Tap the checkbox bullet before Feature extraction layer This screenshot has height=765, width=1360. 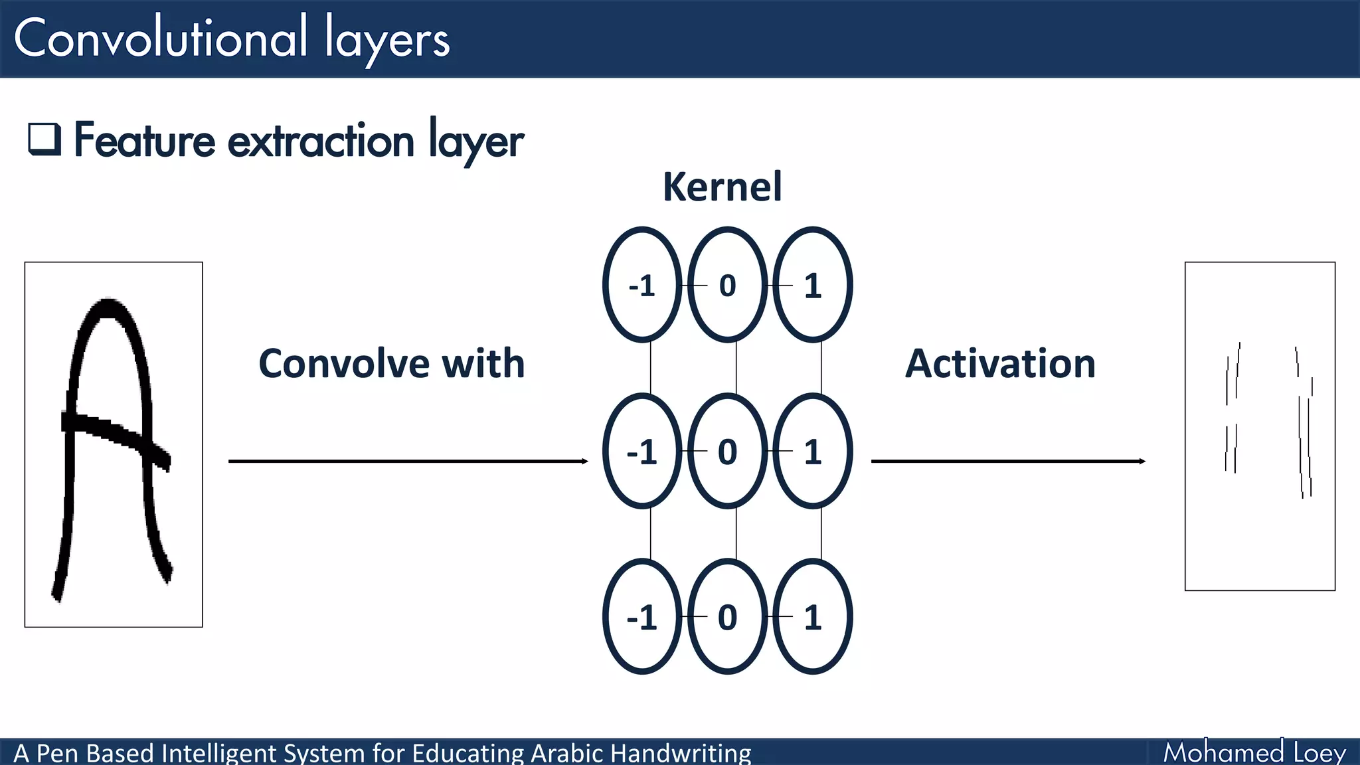click(x=44, y=139)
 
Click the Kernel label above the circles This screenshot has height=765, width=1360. click(x=722, y=187)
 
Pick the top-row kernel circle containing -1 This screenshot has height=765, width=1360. click(x=641, y=286)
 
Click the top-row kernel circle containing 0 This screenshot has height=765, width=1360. click(x=727, y=286)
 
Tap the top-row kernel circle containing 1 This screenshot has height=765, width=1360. click(x=812, y=286)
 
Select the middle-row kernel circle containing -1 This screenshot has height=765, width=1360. click(x=641, y=452)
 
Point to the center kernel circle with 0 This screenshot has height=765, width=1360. click(x=727, y=452)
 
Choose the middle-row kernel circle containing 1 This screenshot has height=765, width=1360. click(x=812, y=452)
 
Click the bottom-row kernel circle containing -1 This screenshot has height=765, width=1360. click(x=641, y=617)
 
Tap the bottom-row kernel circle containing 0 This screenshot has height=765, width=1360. click(x=727, y=617)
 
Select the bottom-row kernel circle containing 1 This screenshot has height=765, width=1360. click(x=812, y=617)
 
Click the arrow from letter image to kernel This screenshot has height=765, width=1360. click(x=408, y=461)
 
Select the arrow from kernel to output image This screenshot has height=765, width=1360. click(x=1007, y=461)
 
